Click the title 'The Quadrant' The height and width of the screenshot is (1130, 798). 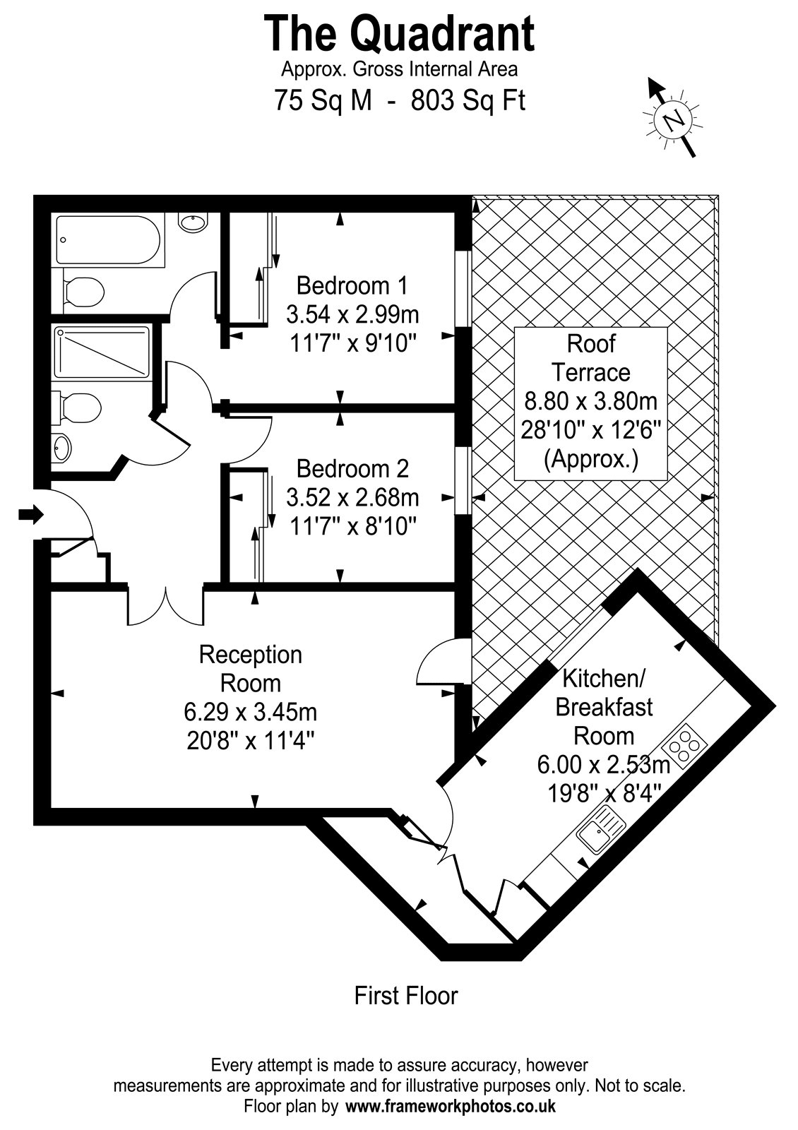(399, 34)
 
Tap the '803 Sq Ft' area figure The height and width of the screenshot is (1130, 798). (468, 100)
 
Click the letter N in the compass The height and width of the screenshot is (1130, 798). (674, 119)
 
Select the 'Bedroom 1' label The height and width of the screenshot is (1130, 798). (352, 285)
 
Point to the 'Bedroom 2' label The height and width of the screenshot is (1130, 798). (352, 469)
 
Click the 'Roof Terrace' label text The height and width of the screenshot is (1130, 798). (590, 358)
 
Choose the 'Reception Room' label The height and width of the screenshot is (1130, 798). (251, 669)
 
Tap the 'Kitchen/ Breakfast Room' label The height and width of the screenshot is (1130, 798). (604, 707)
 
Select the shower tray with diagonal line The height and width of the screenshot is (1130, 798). (102, 352)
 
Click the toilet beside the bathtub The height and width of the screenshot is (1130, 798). (84, 291)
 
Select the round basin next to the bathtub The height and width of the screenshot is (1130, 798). (193, 222)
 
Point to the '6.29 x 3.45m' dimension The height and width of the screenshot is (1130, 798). (250, 713)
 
